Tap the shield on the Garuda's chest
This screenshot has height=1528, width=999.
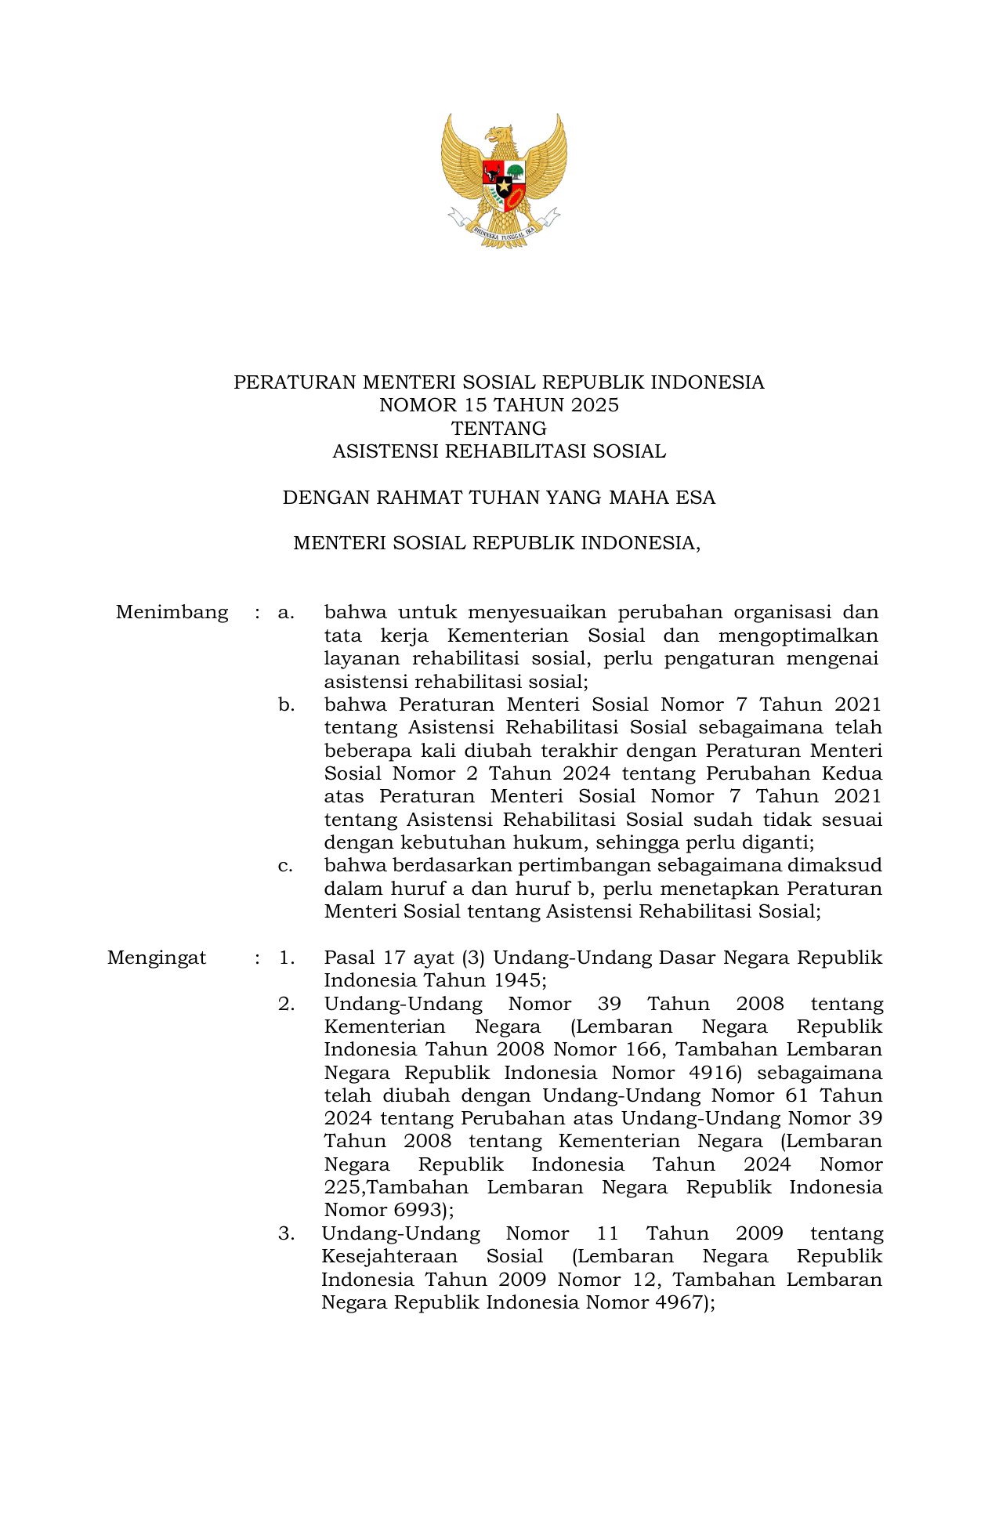[x=504, y=185]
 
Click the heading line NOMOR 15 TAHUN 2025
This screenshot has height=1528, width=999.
[x=499, y=405]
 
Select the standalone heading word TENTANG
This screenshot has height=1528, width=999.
[x=499, y=429]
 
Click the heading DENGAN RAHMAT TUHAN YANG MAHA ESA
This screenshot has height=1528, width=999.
[x=499, y=498]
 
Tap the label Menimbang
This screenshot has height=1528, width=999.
[x=172, y=612]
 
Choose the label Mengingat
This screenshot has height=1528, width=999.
[x=157, y=958]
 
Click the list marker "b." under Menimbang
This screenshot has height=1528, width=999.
[x=286, y=705]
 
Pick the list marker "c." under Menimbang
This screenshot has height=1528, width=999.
[x=286, y=866]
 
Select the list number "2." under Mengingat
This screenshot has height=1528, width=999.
[x=286, y=1004]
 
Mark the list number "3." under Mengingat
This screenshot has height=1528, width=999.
[x=286, y=1233]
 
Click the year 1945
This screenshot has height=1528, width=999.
[x=516, y=980]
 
